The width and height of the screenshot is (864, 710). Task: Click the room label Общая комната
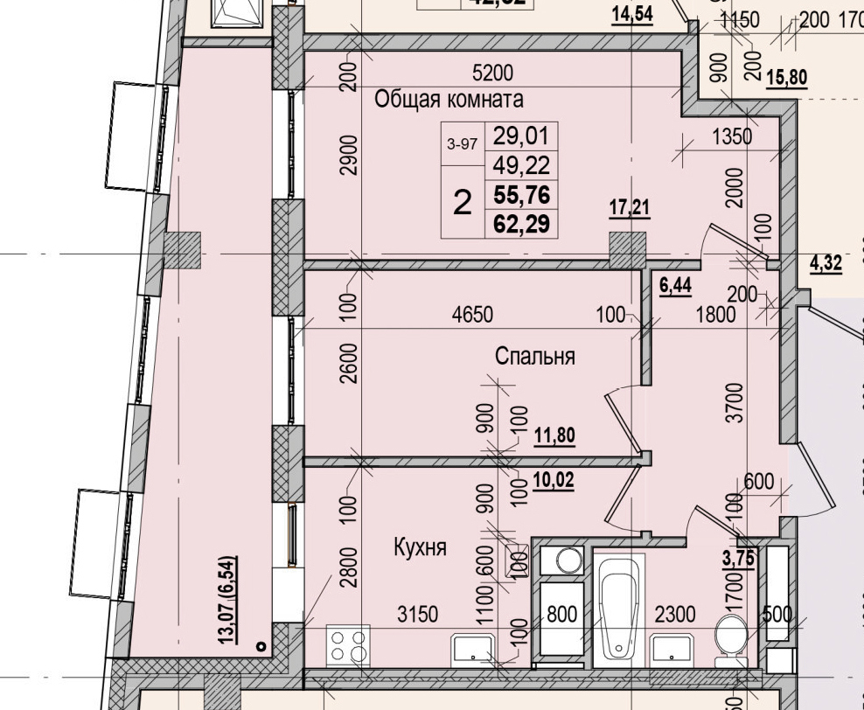tap(449, 100)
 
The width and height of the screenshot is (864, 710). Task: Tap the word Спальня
tap(534, 356)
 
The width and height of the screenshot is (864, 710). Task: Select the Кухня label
tap(420, 548)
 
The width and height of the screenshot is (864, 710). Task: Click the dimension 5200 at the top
tap(491, 73)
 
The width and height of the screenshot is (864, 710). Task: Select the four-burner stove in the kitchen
tap(347, 648)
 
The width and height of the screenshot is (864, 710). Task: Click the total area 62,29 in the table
tap(521, 225)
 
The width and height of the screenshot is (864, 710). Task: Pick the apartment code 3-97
tap(462, 144)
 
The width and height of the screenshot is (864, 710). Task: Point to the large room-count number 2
tap(463, 203)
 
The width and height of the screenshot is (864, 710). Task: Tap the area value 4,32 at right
tap(826, 262)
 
